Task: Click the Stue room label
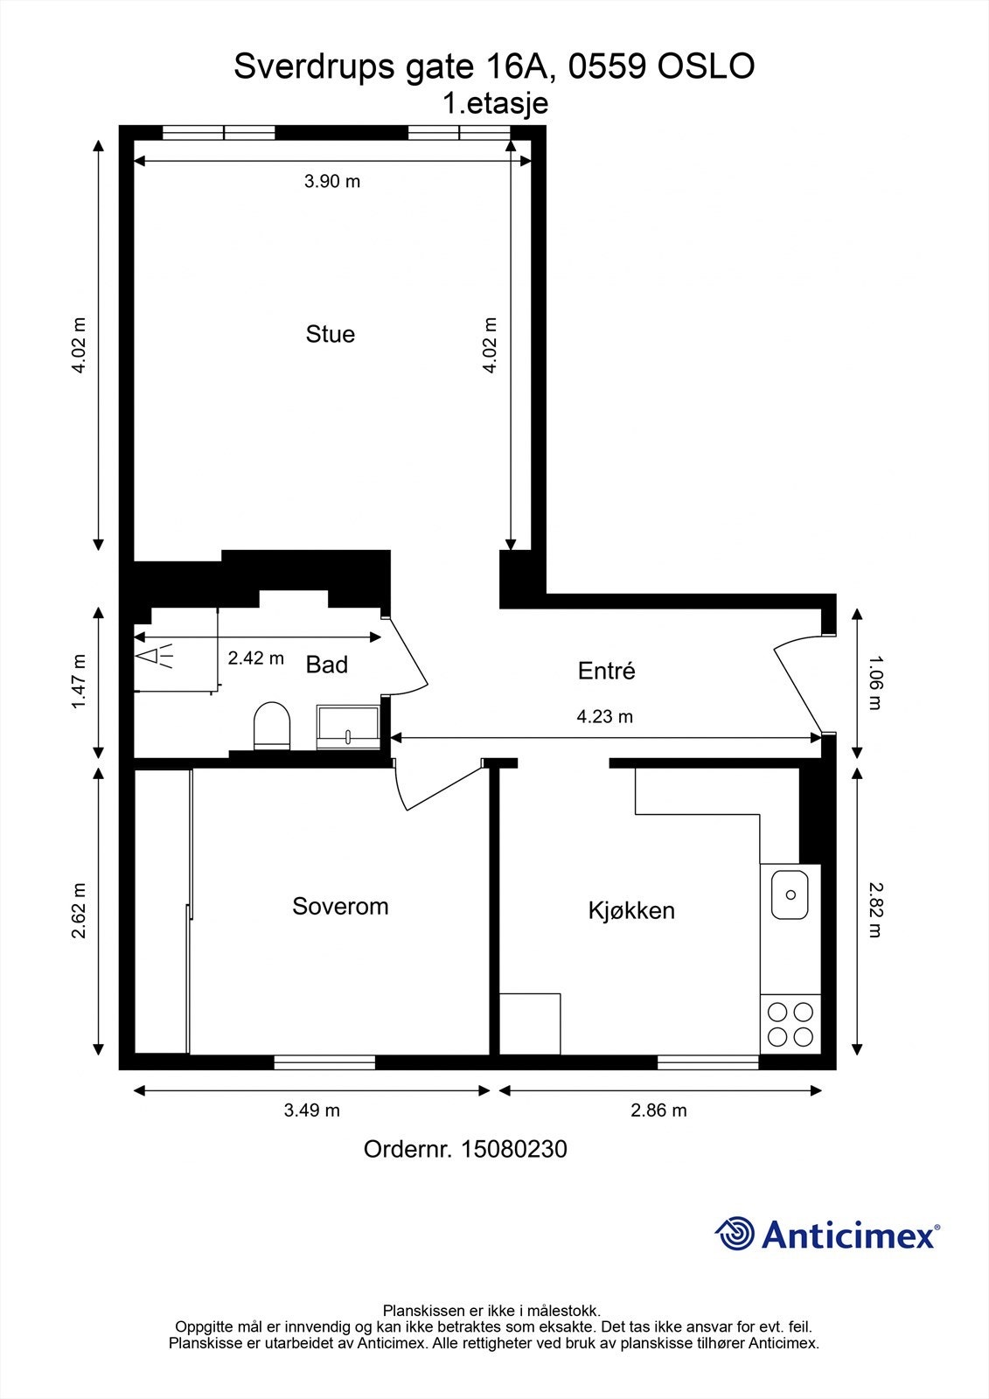[x=330, y=334]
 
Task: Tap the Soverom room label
[x=340, y=906]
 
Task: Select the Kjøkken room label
[x=631, y=910]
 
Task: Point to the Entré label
[x=607, y=671]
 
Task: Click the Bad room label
[x=327, y=665]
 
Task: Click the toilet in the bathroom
[x=272, y=726]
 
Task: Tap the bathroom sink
[x=348, y=727]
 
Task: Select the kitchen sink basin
[x=790, y=895]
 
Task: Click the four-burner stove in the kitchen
[x=790, y=1024]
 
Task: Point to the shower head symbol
[x=154, y=657]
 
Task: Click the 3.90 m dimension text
[x=332, y=182]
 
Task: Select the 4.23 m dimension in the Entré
[x=605, y=716]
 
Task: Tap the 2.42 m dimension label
[x=256, y=658]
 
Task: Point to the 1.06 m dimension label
[x=874, y=682]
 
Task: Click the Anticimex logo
[x=827, y=1234]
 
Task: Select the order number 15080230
[x=513, y=1149]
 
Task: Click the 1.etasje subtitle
[x=496, y=104]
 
